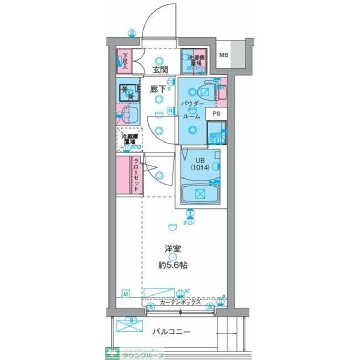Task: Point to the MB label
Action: (x=224, y=55)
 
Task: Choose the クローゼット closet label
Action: (x=137, y=175)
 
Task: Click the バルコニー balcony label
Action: (x=171, y=332)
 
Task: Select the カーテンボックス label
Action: (x=180, y=303)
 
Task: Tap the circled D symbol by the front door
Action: (x=132, y=33)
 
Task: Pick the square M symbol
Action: (x=126, y=294)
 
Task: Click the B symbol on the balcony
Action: (x=132, y=320)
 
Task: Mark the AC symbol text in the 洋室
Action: (x=187, y=291)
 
